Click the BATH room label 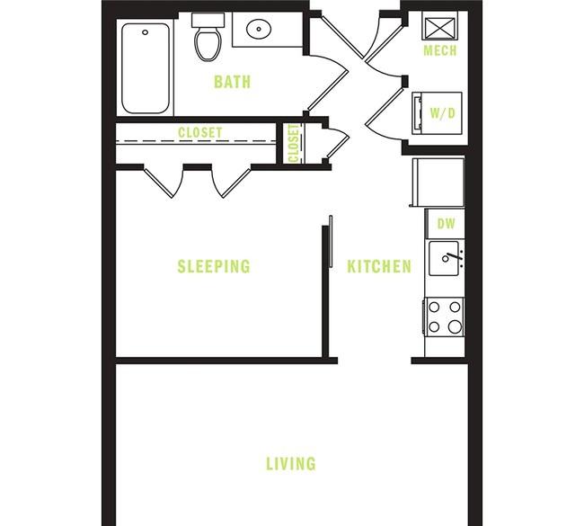pos(232,83)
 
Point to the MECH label pos(440,51)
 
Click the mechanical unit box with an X pos(440,25)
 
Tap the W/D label pos(441,114)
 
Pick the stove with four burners pos(444,316)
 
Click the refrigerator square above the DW pos(438,182)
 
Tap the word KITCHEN pos(379,267)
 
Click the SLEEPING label pos(213,267)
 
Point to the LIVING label pos(290,464)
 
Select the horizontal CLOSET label pos(199,133)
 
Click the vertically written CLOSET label pos(293,144)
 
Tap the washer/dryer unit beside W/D pos(418,113)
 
